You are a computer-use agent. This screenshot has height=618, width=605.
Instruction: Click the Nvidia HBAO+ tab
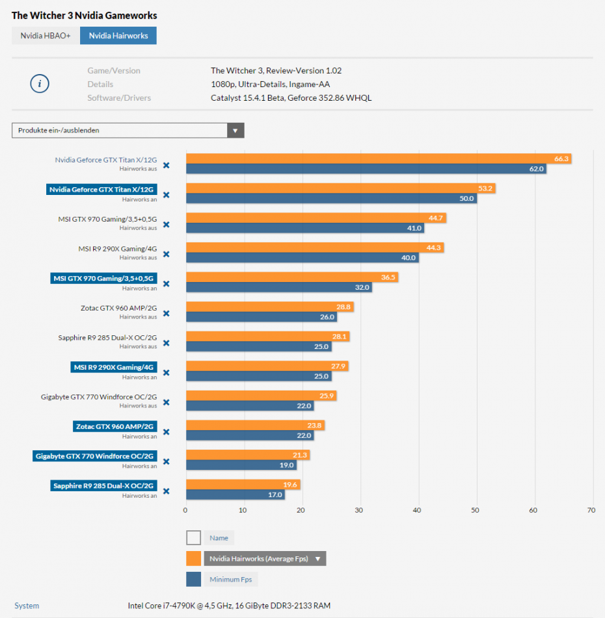46,36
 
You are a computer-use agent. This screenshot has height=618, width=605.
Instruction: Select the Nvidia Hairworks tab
118,36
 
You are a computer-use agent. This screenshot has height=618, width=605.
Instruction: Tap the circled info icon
40,84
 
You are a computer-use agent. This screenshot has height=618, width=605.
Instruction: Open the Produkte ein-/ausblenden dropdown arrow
235,131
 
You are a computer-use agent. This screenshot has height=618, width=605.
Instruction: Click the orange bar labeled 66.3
377,159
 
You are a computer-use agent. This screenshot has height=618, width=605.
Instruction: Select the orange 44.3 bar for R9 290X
314,248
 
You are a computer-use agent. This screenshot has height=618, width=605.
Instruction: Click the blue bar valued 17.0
235,495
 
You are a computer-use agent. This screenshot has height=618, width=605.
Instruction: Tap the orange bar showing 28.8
269,307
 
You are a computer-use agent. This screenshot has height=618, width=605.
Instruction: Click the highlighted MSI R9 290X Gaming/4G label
114,367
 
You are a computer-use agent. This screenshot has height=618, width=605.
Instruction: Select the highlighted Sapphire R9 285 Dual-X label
103,485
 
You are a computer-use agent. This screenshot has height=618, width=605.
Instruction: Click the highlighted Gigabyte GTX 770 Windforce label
95,456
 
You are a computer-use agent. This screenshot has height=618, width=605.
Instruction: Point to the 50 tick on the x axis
476,510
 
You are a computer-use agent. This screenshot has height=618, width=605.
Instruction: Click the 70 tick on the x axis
591,510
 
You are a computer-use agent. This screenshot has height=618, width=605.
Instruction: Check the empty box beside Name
193,538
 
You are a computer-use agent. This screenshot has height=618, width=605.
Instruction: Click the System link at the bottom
27,606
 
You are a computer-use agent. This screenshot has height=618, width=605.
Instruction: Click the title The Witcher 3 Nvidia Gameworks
85,15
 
